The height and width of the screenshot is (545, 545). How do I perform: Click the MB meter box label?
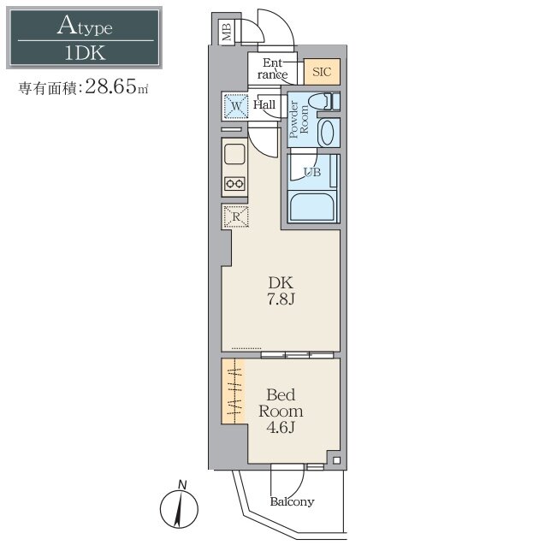[x=227, y=33]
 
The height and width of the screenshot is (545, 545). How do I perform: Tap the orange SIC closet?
[x=322, y=72]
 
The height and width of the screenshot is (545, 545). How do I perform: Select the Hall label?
[x=264, y=104]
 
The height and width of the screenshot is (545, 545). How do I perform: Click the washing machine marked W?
[x=236, y=106]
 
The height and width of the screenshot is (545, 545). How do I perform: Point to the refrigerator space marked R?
[x=236, y=216]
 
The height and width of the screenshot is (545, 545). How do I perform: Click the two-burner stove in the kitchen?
[x=234, y=183]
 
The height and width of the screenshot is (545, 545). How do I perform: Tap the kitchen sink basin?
[x=235, y=154]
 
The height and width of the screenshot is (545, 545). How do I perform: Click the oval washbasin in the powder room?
[x=327, y=133]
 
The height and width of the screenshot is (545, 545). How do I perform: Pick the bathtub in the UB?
[x=312, y=207]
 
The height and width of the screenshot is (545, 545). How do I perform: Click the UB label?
[x=312, y=172]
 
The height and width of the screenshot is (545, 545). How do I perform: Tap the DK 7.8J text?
[x=281, y=291]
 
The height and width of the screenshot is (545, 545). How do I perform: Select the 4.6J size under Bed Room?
[x=281, y=427]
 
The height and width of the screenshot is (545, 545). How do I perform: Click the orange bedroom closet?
[x=234, y=391]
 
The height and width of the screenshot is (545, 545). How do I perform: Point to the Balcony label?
[x=292, y=501]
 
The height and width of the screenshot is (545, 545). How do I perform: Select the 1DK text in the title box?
[x=86, y=53]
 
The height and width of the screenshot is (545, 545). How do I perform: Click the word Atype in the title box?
[x=85, y=26]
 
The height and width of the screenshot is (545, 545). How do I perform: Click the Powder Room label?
[x=299, y=119]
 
